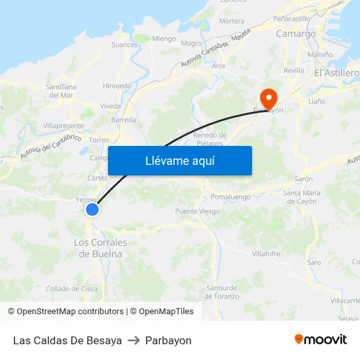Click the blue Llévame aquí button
pos(179,160)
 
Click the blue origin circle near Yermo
pos(92,209)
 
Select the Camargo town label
pos(296,33)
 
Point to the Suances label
pos(124,45)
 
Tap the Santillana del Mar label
pos(61,91)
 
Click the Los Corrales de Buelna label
pos(100,248)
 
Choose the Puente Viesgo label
pos(197,211)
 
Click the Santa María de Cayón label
pos(301,197)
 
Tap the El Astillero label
pos(336,73)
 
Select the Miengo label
pos(164,39)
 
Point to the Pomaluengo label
pos(230,196)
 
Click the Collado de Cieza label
pos(71,289)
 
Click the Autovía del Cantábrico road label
pos(50,147)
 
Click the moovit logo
pos(320,340)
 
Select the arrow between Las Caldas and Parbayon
pos(134,340)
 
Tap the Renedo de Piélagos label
pos(210,139)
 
